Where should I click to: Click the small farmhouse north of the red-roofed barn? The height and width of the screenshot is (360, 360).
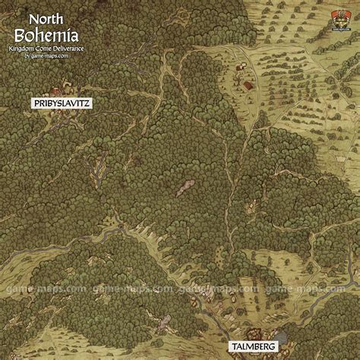pyautogui.click(x=241, y=67)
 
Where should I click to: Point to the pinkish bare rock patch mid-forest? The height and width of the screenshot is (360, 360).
pyautogui.click(x=185, y=188)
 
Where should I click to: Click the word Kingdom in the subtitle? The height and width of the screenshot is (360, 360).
pyautogui.click(x=26, y=49)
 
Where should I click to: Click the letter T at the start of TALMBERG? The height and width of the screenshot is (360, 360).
pyautogui.click(x=229, y=348)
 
